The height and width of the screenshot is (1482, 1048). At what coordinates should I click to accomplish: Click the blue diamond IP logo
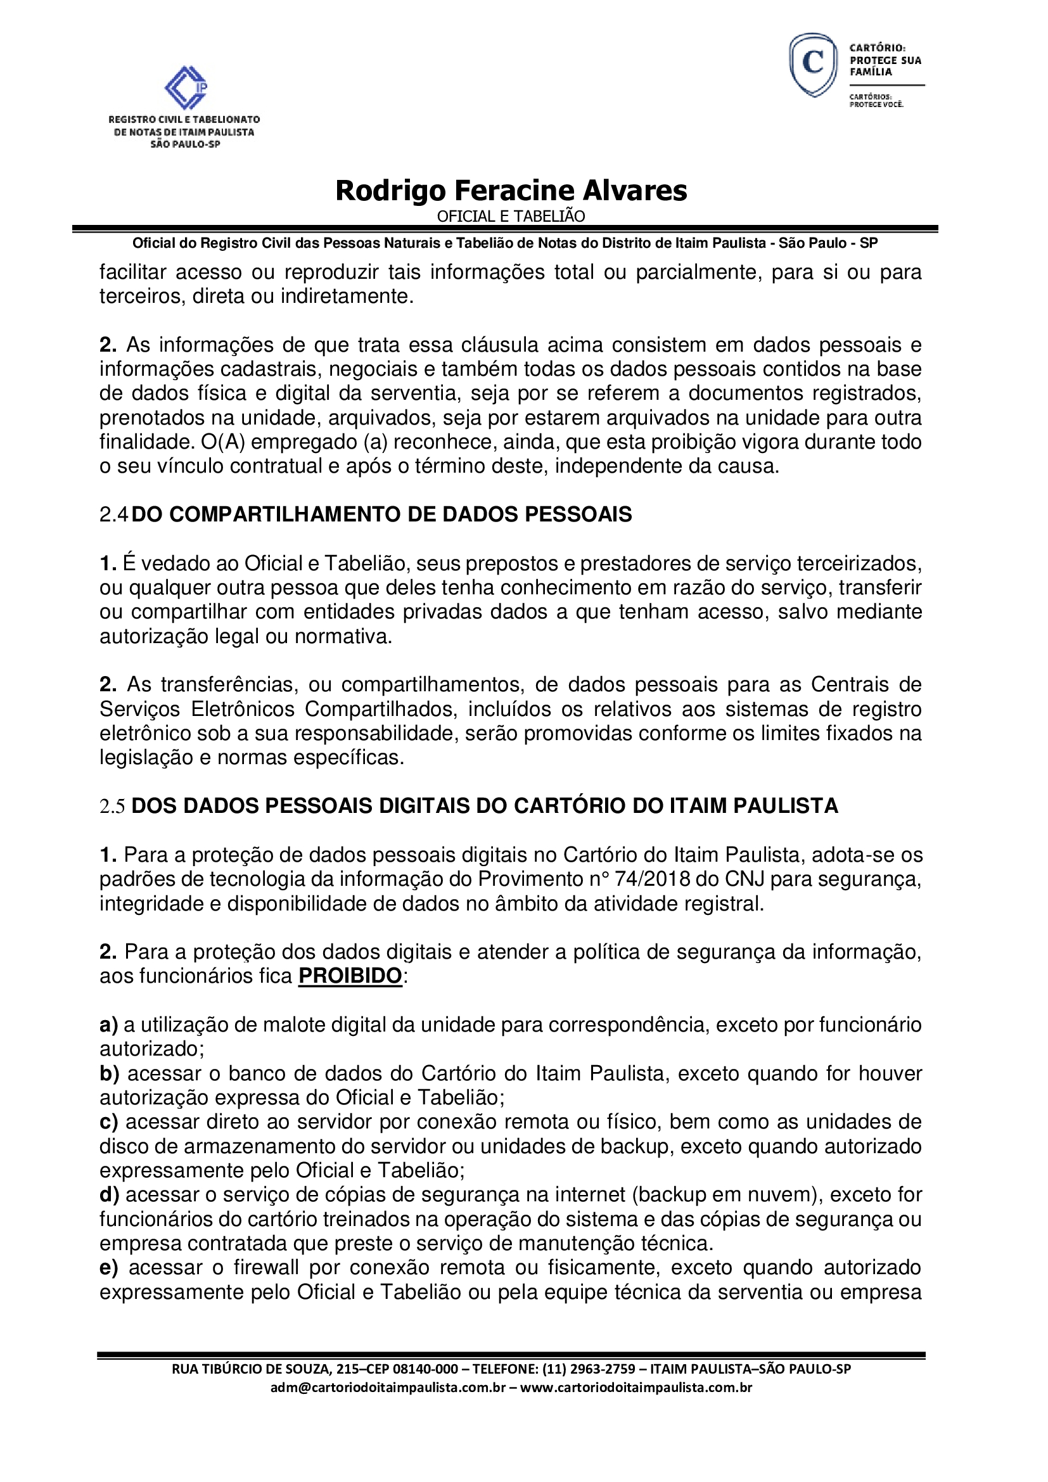pyautogui.click(x=186, y=87)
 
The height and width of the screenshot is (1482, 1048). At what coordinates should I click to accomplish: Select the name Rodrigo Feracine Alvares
pyautogui.click(x=511, y=191)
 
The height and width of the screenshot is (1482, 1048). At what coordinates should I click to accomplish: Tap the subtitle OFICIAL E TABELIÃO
pyautogui.click(x=511, y=217)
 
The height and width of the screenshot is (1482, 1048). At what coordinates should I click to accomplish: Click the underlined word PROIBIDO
pyautogui.click(x=350, y=975)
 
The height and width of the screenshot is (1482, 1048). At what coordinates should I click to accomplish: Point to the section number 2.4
pyautogui.click(x=114, y=514)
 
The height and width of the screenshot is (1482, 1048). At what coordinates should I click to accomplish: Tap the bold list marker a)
pyautogui.click(x=108, y=1025)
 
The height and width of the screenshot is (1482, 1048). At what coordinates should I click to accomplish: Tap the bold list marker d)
pyautogui.click(x=109, y=1195)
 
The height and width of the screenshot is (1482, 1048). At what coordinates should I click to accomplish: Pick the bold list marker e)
pyautogui.click(x=108, y=1268)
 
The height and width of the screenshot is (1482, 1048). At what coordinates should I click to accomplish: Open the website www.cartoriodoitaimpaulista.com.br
pyautogui.click(x=636, y=1388)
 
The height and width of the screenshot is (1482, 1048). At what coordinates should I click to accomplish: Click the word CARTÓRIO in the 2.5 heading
pyautogui.click(x=566, y=806)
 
